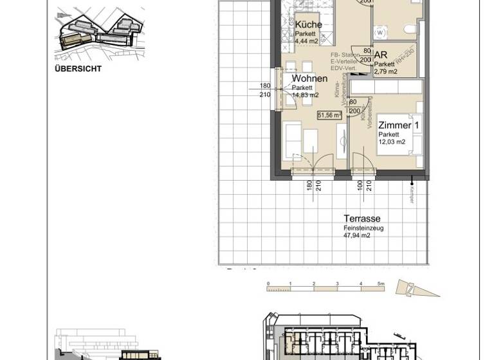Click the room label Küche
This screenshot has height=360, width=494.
pyautogui.click(x=308, y=24)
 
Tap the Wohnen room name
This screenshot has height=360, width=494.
pyautogui.click(x=309, y=79)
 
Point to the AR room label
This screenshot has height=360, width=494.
pyautogui.click(x=380, y=56)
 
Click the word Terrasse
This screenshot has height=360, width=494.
pyautogui.click(x=361, y=219)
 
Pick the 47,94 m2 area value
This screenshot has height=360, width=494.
pyautogui.click(x=357, y=236)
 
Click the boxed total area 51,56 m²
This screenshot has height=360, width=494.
pyautogui.click(x=329, y=115)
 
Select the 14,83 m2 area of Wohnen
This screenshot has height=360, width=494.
pyautogui.click(x=305, y=95)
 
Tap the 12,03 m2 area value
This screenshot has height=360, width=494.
pyautogui.click(x=392, y=142)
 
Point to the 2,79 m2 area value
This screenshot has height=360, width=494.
pyautogui.click(x=386, y=72)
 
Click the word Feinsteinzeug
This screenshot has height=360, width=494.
pyautogui.click(x=363, y=228)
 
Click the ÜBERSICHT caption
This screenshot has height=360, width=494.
pyautogui.click(x=78, y=69)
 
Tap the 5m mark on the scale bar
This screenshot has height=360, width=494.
pyautogui.click(x=381, y=283)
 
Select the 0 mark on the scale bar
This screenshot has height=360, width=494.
pyautogui.click(x=268, y=283)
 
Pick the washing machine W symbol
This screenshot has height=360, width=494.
pyautogui.click(x=380, y=32)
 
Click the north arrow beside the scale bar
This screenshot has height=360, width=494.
pyautogui.click(x=412, y=289)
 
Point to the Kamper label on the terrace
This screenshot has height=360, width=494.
pyautogui.click(x=412, y=193)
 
